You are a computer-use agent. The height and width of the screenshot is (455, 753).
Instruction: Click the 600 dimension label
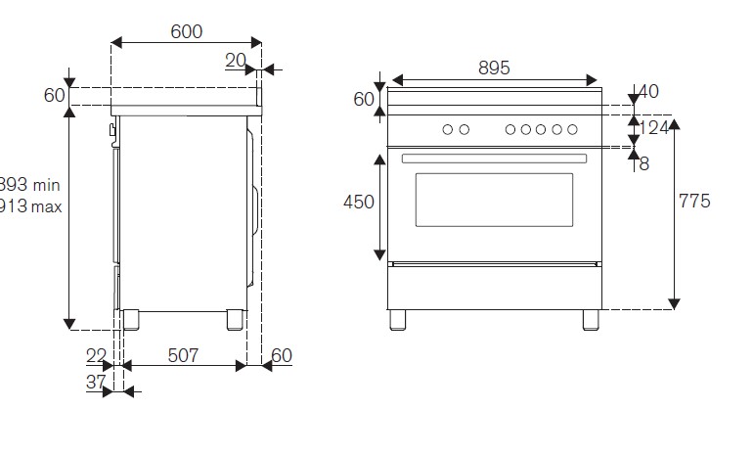(186, 31)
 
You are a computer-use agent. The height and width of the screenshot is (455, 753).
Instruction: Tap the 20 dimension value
(235, 61)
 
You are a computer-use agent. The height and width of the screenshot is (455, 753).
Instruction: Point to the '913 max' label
(31, 205)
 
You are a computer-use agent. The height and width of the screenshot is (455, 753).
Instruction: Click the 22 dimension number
(95, 356)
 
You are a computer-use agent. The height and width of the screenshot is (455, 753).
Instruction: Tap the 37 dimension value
(95, 383)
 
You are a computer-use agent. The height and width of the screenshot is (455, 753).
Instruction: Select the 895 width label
(494, 68)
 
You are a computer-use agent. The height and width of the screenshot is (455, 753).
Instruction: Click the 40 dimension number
(648, 92)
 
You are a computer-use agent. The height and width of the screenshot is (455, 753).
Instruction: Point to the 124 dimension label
(654, 127)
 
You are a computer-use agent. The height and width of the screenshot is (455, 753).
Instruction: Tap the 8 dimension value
(643, 164)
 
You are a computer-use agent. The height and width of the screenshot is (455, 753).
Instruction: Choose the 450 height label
(358, 203)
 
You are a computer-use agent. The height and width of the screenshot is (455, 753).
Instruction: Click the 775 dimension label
(693, 202)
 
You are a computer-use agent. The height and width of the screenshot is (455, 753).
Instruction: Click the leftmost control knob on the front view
(448, 129)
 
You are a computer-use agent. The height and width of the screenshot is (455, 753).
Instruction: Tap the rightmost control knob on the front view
(572, 129)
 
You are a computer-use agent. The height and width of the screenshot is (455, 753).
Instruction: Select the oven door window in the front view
(494, 200)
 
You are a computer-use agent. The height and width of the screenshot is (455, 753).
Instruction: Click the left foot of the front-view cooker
(397, 319)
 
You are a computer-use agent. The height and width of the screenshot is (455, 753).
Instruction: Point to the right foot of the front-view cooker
(591, 319)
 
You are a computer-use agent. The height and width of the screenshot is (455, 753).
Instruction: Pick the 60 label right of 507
(282, 356)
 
